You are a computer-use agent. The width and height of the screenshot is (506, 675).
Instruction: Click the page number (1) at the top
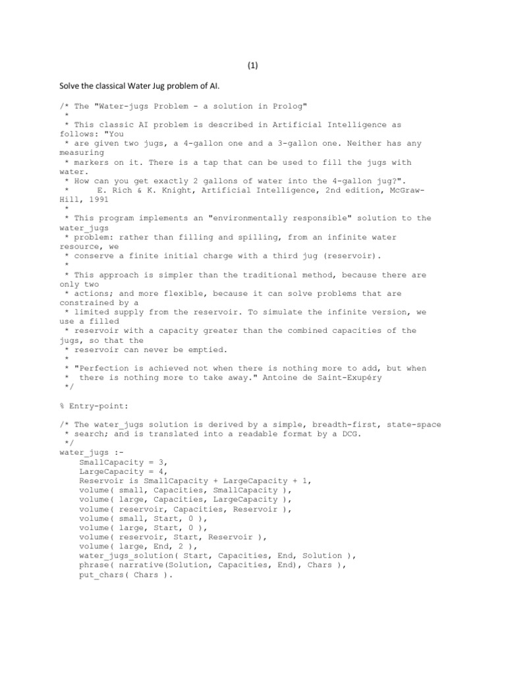pyautogui.click(x=253, y=66)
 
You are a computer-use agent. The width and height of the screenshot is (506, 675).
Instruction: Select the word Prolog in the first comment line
pyautogui.click(x=284, y=106)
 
